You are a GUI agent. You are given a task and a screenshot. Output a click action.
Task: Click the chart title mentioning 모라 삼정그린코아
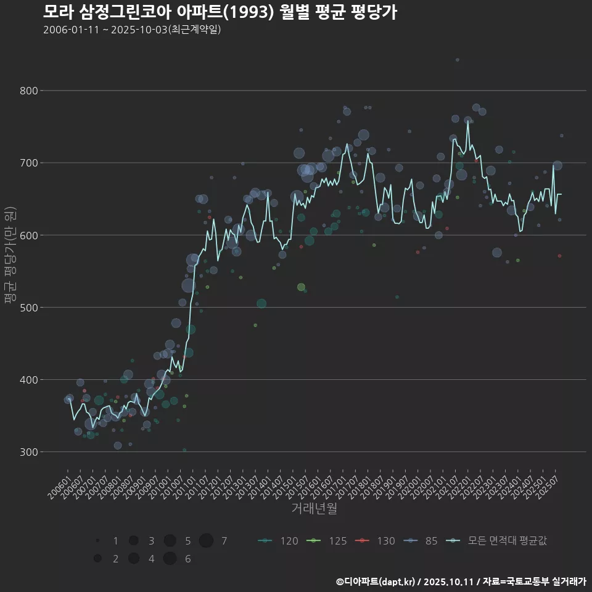click(x=220, y=12)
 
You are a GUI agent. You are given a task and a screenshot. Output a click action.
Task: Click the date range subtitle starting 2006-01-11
click(x=132, y=30)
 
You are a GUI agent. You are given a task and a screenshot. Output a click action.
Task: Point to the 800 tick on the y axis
click(x=27, y=91)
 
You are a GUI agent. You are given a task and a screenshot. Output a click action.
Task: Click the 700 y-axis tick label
click(x=27, y=163)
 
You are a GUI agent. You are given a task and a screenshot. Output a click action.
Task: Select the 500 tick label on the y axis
click(x=27, y=307)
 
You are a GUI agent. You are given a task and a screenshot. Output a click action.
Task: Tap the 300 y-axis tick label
click(x=27, y=451)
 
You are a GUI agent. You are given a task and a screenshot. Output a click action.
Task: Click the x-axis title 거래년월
click(x=314, y=509)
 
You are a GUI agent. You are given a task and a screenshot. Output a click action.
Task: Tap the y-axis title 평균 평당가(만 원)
click(x=10, y=255)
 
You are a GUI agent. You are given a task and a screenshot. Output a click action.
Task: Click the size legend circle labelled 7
click(x=206, y=541)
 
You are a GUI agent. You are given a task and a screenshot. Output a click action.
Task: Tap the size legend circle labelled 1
click(x=97, y=541)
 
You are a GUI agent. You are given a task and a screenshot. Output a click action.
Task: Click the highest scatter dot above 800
click(x=457, y=60)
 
